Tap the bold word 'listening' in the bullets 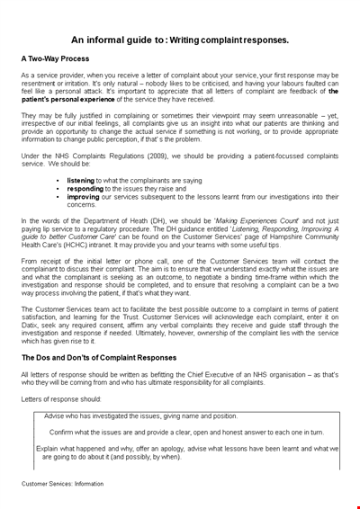pyautogui.click(x=81, y=180)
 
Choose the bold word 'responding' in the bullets pyautogui.click(x=85, y=188)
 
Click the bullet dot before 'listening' pyautogui.click(x=58, y=181)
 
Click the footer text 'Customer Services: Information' pyautogui.click(x=64, y=484)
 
